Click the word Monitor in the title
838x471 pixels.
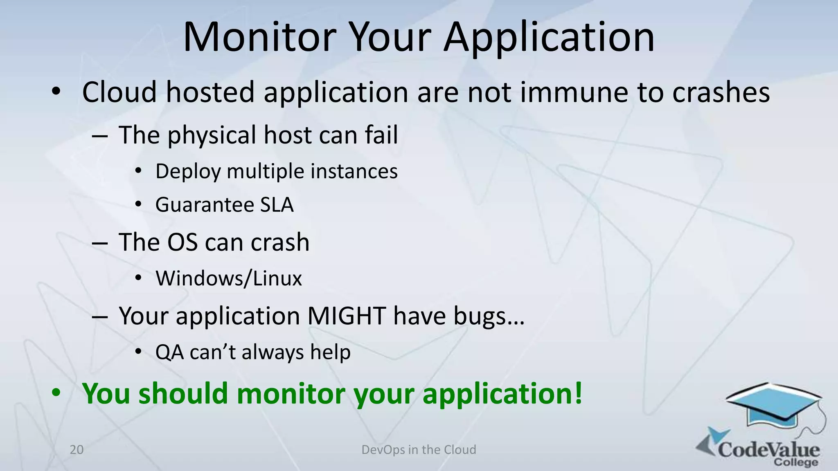pos(259,38)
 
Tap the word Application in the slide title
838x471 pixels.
pos(549,38)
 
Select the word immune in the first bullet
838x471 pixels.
pos(575,92)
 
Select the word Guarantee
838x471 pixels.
pos(205,204)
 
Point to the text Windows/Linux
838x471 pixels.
pos(229,279)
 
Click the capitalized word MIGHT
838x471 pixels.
pos(346,316)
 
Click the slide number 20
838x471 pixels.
pos(77,450)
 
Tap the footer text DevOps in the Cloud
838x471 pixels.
pos(419,450)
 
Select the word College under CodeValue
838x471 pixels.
pos(795,462)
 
